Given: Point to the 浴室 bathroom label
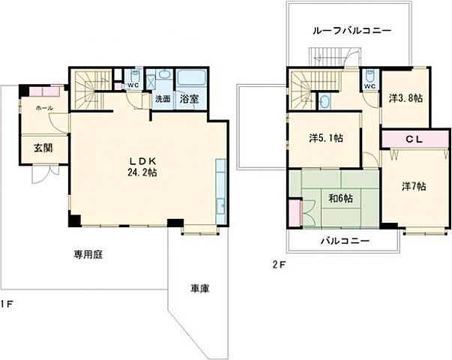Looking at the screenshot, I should click(189, 98).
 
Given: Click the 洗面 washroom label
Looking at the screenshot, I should click(163, 98).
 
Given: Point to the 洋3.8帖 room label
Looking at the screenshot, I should click(405, 97).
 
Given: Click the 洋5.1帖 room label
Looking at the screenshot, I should click(326, 138).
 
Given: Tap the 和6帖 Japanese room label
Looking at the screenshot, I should click(341, 199).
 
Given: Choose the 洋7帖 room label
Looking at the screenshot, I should click(412, 186).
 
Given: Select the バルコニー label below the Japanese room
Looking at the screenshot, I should click(345, 241).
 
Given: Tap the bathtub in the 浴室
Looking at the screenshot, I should click(192, 79).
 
